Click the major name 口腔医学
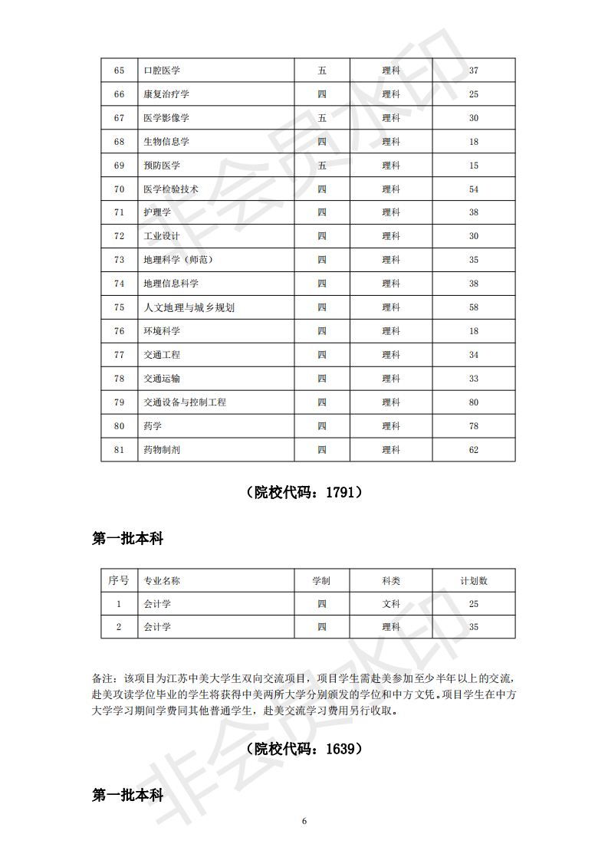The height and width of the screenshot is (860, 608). [162, 71]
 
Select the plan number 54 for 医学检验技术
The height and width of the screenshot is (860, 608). [474, 189]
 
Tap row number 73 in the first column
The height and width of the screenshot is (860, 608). [119, 260]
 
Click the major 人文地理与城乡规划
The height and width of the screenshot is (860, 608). [189, 307]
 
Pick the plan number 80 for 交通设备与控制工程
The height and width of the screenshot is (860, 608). [474, 402]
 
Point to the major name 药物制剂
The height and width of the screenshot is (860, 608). [162, 450]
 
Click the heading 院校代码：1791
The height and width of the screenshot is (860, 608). [304, 493]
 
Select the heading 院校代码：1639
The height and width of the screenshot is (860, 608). [304, 749]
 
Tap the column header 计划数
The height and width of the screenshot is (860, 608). [474, 581]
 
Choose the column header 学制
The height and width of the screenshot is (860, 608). [321, 581]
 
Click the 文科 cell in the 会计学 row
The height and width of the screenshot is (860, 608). [391, 604]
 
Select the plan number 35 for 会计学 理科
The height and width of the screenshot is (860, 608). [474, 627]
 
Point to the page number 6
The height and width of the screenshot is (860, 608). [304, 821]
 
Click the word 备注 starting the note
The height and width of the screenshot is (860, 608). [102, 678]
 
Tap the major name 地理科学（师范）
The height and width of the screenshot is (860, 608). [178, 260]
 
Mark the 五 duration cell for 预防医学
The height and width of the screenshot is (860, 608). [322, 166]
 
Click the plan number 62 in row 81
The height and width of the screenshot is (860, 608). [474, 450]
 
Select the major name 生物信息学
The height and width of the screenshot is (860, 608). [166, 142]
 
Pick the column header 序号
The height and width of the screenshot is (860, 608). [119, 581]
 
